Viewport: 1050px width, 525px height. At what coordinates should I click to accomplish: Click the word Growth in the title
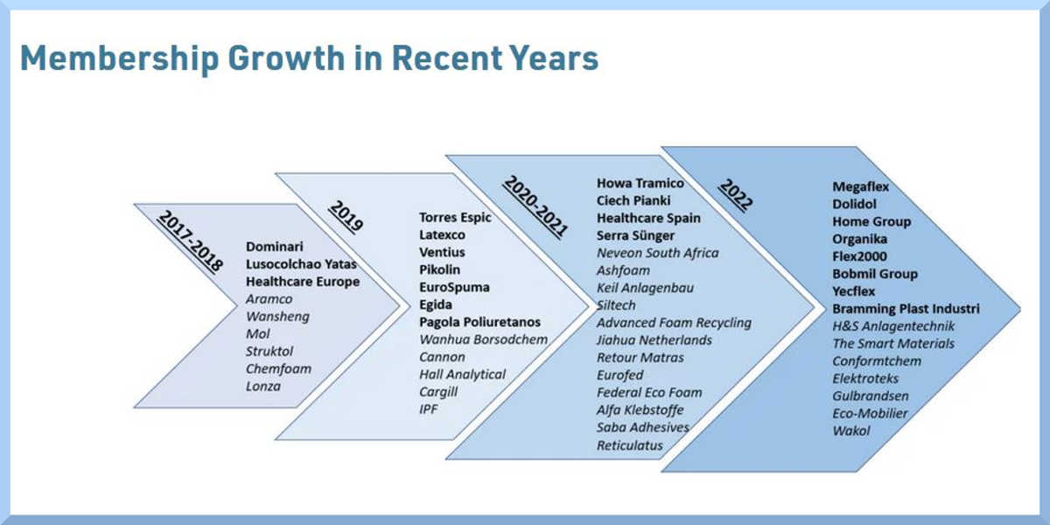(x=286, y=58)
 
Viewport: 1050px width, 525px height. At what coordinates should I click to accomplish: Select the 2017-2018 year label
(x=190, y=241)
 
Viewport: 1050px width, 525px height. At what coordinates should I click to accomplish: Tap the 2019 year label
(x=346, y=216)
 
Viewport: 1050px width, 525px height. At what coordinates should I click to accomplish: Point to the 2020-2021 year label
(x=535, y=206)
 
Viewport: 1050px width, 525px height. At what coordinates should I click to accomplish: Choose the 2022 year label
(x=736, y=194)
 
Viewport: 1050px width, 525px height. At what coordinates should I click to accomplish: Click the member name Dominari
(x=274, y=247)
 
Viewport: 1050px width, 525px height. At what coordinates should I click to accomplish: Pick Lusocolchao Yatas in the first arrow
(x=301, y=264)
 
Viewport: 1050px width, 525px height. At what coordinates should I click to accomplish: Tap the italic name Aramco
(x=269, y=299)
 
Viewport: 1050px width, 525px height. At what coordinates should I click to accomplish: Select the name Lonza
(x=263, y=386)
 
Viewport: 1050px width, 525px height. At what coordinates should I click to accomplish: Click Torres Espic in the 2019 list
(x=455, y=218)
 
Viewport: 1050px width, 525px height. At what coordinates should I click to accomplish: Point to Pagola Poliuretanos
(x=479, y=322)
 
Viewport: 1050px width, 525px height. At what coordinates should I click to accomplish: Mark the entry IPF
(x=429, y=409)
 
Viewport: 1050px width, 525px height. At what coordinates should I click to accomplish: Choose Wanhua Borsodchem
(x=483, y=339)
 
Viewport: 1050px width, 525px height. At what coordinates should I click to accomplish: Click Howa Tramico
(x=640, y=183)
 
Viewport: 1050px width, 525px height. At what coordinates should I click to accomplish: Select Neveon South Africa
(x=657, y=253)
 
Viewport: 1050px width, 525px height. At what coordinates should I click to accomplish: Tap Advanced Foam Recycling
(x=674, y=323)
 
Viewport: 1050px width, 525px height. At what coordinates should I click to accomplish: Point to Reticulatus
(x=629, y=445)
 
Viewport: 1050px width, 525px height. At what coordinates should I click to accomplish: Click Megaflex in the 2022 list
(x=860, y=186)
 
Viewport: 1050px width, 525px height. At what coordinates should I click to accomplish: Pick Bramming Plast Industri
(x=906, y=308)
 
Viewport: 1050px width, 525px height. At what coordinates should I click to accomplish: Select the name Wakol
(x=850, y=430)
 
